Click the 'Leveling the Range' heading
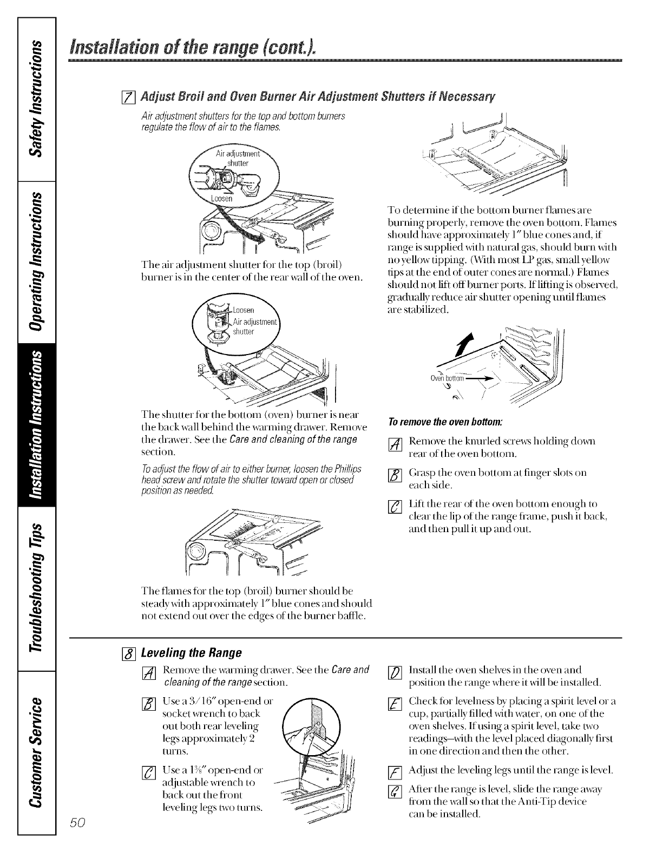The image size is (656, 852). [191, 652]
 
